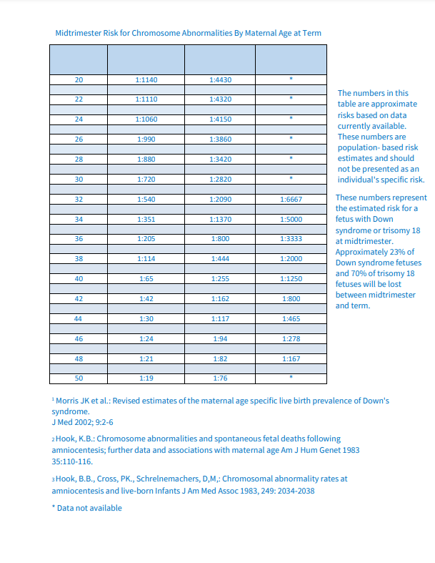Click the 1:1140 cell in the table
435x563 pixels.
(146, 79)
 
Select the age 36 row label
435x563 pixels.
(79, 238)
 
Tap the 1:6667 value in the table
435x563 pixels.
(291, 199)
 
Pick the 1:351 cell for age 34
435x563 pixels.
(146, 219)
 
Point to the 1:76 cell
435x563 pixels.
(220, 378)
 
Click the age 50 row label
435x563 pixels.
(79, 378)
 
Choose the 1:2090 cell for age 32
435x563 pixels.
(220, 199)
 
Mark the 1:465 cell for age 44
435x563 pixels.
(291, 318)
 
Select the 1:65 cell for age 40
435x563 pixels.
(146, 278)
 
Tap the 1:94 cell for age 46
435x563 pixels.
(220, 338)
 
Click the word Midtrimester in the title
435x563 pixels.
(79, 33)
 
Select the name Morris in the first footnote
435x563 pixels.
(69, 401)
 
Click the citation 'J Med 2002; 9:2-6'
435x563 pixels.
(82, 422)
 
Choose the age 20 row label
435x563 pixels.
(79, 79)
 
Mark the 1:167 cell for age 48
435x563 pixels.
(291, 358)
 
